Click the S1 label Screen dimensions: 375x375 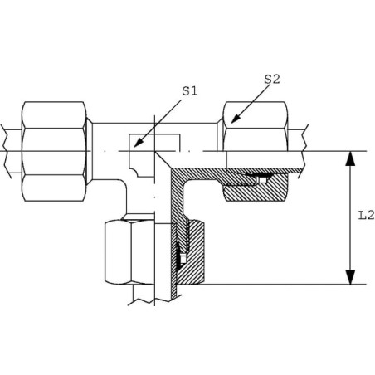(190, 91)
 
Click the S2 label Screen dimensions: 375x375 (272, 80)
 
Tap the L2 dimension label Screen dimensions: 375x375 (366, 215)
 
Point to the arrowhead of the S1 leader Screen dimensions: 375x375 (139, 142)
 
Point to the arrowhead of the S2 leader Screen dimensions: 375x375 (235, 119)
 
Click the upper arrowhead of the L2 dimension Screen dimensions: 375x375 (350, 158)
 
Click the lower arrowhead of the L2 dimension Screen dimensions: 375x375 (350, 277)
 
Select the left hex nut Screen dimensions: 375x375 (54, 151)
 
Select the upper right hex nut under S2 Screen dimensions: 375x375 (256, 126)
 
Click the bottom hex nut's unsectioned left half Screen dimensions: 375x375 (129, 252)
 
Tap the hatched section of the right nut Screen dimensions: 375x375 (256, 189)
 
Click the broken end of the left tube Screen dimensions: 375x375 (6, 151)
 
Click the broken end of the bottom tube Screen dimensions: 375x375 (152, 301)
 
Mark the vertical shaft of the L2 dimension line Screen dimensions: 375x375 (350, 217)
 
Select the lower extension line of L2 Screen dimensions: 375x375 (285, 284)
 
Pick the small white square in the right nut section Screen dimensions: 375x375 (263, 180)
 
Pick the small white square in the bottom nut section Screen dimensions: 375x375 (183, 260)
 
